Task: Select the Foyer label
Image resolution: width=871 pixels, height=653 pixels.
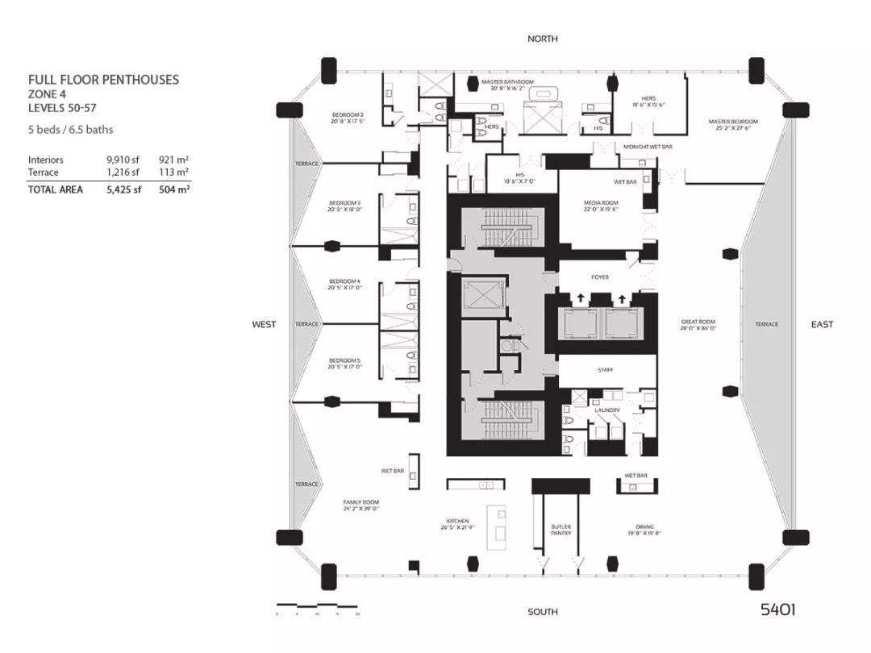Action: (599, 277)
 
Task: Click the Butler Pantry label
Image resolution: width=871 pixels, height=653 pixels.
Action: (561, 530)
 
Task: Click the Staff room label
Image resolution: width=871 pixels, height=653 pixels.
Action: (606, 369)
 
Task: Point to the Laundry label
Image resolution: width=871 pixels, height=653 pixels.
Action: (607, 410)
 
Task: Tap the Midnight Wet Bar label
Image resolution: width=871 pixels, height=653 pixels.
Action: (648, 148)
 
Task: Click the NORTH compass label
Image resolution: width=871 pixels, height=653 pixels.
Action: (542, 39)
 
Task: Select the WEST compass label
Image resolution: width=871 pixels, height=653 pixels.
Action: (264, 324)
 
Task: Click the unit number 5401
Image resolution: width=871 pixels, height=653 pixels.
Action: (777, 609)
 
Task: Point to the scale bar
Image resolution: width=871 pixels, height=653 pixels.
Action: (317, 605)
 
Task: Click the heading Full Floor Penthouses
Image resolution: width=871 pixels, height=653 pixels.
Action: (103, 80)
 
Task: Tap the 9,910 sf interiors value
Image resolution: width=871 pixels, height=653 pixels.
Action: (123, 160)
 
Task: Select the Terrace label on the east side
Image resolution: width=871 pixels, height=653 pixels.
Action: (766, 324)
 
